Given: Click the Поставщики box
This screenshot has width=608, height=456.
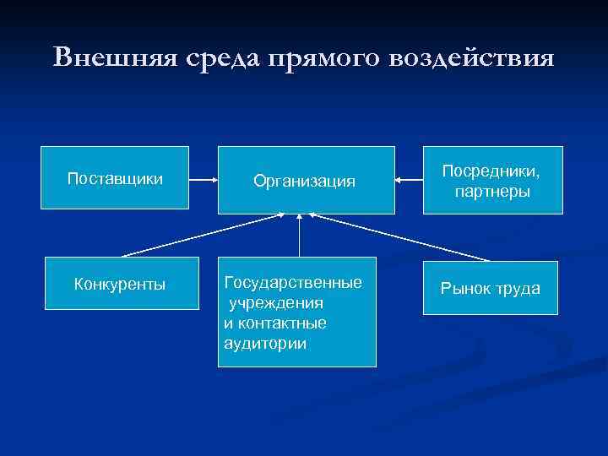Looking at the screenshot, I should point(115,178).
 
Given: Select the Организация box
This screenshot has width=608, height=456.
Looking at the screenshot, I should point(306,180).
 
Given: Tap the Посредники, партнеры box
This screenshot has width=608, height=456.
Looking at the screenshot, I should point(492,181).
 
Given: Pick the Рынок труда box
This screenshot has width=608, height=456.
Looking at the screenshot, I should point(490,289).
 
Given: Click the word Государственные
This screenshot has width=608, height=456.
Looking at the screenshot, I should point(293,282).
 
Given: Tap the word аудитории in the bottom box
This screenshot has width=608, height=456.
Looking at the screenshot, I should point(266,344).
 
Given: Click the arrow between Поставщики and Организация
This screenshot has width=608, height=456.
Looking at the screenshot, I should point(203,180).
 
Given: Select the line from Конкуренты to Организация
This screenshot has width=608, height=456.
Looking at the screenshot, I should point(203,235).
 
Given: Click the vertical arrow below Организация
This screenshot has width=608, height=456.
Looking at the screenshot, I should point(300,236).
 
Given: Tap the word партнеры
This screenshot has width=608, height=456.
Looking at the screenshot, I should point(492,192).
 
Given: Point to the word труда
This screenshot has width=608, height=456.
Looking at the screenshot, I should point(514,289).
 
